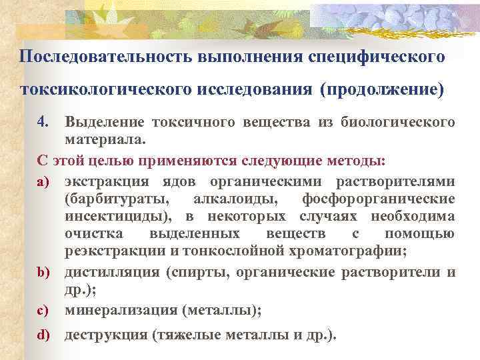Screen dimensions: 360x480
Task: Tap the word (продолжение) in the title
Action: click(381, 89)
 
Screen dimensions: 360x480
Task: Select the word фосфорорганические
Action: click(379, 199)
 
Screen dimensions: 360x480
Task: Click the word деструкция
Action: click(106, 335)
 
